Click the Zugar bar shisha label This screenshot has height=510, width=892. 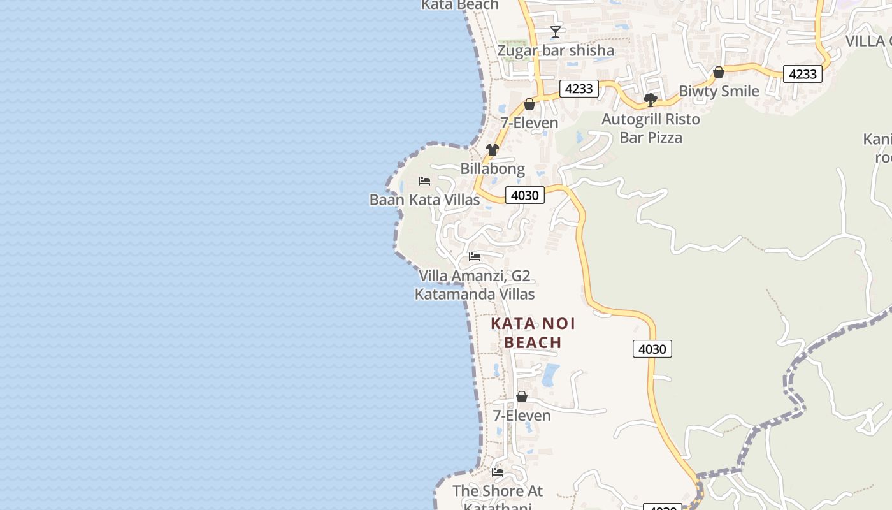pos(556,50)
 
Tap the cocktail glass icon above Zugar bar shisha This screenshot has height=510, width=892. pos(556,31)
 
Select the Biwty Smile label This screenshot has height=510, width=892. pos(719,91)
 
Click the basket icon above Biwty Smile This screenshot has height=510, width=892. pos(719,73)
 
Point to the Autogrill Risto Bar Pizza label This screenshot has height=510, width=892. pos(651,128)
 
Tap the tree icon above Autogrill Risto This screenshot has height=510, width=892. pos(651,100)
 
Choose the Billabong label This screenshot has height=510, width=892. pos(493,169)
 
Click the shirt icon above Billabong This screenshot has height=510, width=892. pos(493,150)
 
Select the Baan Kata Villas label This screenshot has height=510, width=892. pos(424,200)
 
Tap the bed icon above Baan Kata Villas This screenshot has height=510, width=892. pos(424,181)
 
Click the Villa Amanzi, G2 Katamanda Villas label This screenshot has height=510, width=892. pos(475,285)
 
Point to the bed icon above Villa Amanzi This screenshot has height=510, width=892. pos(475,257)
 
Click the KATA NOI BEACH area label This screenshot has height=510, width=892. pos(533,333)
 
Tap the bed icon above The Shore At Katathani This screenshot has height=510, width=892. pos(498,472)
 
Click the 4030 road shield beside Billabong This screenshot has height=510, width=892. pos(525,195)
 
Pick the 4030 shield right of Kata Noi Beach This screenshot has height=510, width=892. pos(652,349)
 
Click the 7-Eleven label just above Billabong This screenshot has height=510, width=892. pos(529,123)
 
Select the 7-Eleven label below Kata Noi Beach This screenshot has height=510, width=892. pos(522,416)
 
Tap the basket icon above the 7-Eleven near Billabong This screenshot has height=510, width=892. pos(529,104)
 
